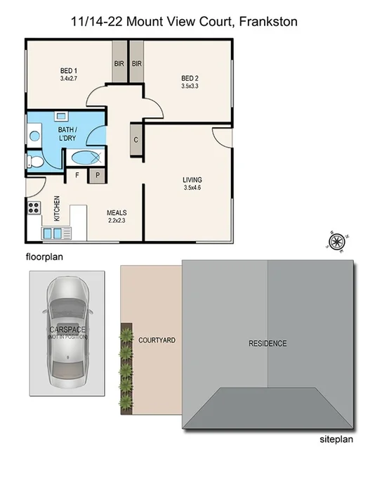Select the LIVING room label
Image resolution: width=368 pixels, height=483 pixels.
click(192, 180)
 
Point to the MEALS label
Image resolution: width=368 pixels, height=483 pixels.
click(116, 212)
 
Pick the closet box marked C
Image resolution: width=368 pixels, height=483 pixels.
click(135, 139)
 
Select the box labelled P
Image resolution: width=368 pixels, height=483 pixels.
click(98, 175)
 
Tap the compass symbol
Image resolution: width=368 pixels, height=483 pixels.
click(336, 243)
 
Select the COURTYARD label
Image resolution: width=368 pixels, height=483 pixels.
click(157, 340)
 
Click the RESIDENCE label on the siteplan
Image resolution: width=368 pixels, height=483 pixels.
click(268, 343)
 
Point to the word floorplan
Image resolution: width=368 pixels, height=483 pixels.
click(44, 257)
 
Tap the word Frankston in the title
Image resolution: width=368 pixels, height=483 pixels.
click(268, 22)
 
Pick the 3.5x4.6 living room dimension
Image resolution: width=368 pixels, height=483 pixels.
click(192, 188)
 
